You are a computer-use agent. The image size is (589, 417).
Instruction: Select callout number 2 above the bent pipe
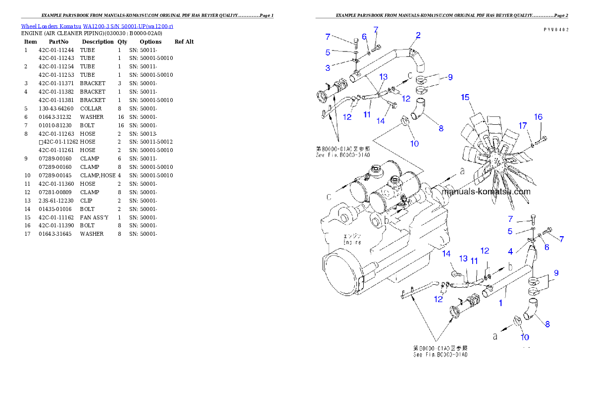pyautogui.click(x=418, y=35)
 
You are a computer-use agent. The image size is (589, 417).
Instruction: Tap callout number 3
pyautogui.click(x=328, y=68)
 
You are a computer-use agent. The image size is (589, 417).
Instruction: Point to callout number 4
pyautogui.click(x=510, y=252)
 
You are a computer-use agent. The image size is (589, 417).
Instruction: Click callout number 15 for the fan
pyautogui.click(x=465, y=97)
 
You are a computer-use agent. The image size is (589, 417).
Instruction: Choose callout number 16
pyautogui.click(x=538, y=117)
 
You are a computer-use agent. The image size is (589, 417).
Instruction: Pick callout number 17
pyautogui.click(x=523, y=126)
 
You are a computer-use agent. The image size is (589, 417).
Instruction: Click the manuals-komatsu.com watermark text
pyautogui.click(x=486, y=192)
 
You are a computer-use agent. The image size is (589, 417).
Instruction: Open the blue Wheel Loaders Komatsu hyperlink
pyautogui.click(x=97, y=26)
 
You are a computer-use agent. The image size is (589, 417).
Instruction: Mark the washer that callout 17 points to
pyautogui.click(x=532, y=145)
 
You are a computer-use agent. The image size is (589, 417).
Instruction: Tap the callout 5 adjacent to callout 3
pyautogui.click(x=328, y=52)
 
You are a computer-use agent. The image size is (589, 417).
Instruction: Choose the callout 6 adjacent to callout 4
pyautogui.click(x=546, y=248)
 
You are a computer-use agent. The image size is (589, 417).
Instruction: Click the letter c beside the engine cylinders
pyautogui.click(x=329, y=197)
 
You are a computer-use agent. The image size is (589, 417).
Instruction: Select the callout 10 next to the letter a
pyautogui.click(x=525, y=337)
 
